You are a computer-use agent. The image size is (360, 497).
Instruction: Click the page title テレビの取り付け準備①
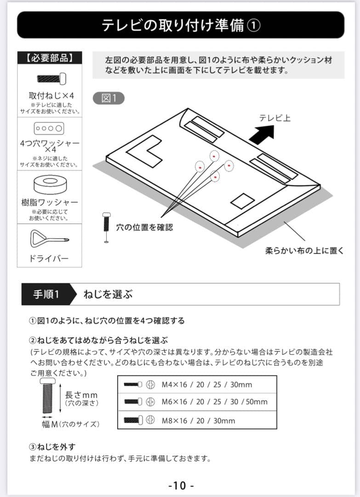coord(180,25)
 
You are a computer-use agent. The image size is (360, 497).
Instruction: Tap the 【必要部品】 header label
coord(49,58)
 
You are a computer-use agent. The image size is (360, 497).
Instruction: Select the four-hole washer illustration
coord(49,128)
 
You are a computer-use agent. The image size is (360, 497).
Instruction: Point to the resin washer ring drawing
coord(50,185)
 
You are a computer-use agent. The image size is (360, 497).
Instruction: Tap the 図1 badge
coord(109,98)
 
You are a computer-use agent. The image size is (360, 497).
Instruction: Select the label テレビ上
coord(274,118)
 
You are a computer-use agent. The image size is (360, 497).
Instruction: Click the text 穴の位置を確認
coord(144,227)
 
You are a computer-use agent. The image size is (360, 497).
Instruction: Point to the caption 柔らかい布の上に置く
coord(304,251)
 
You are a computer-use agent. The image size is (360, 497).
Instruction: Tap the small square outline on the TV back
coord(242,201)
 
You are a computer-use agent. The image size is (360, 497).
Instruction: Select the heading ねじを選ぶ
coord(108,295)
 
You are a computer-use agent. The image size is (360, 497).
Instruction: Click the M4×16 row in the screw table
coord(197,385)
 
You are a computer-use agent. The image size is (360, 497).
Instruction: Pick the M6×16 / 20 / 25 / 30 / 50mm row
coord(197,402)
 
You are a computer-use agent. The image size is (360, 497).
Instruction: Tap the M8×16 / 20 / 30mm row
coord(197,420)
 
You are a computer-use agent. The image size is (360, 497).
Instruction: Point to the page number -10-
coord(181,485)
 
